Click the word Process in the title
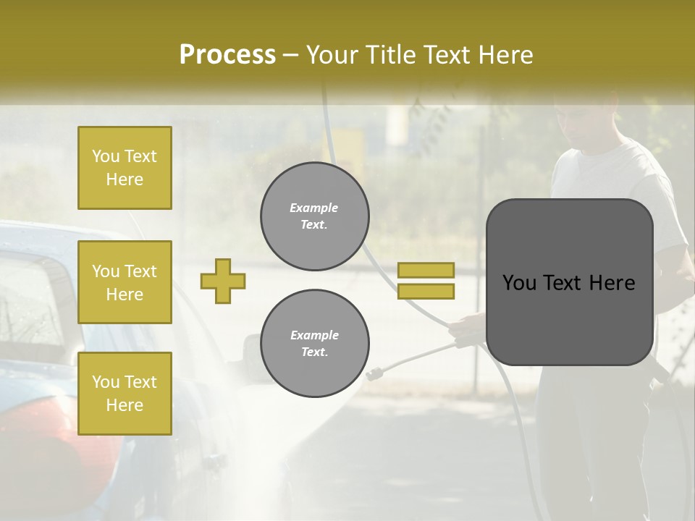227,54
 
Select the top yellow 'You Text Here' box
125,168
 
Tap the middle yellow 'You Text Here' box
125,282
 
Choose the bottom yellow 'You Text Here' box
125,394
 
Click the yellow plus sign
223,281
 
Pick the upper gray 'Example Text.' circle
314,216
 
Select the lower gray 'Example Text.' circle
314,343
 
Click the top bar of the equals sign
426,270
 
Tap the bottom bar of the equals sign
426,291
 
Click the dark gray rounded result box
569,282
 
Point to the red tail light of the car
87,441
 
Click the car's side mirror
253,355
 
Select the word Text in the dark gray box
569,283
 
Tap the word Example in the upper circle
313,208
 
